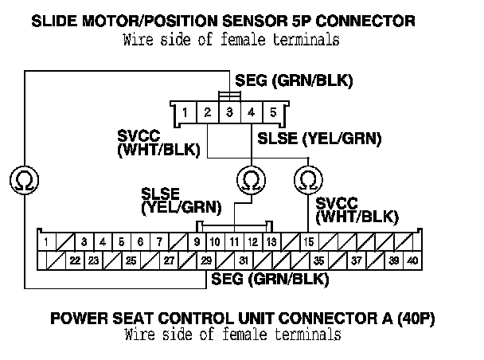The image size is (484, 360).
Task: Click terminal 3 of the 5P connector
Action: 229,112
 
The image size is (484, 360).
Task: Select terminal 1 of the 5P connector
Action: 185,112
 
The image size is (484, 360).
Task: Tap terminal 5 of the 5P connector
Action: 273,112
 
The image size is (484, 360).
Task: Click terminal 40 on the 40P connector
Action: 412,260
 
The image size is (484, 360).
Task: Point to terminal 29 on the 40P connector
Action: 206,260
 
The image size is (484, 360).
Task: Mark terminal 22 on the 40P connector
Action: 74,260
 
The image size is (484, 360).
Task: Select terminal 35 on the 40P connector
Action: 318,260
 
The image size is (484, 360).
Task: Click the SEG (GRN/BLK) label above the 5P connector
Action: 294,80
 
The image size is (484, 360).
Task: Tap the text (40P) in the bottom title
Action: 417,319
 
